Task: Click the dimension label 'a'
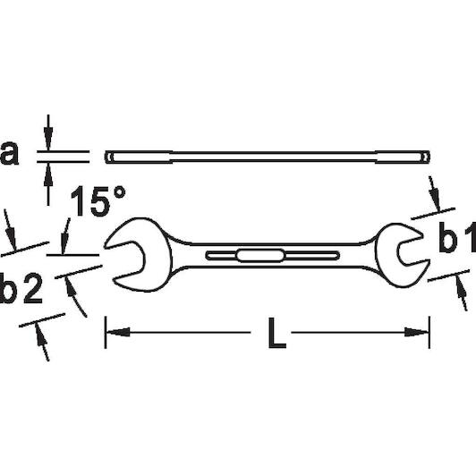[9, 154]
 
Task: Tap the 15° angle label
[98, 201]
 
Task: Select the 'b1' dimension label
[457, 237]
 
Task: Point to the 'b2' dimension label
[21, 288]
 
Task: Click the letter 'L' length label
[277, 333]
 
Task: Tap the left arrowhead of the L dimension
[118, 332]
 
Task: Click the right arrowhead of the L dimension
[417, 332]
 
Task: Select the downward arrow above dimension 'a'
[48, 132]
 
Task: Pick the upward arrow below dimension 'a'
[48, 183]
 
